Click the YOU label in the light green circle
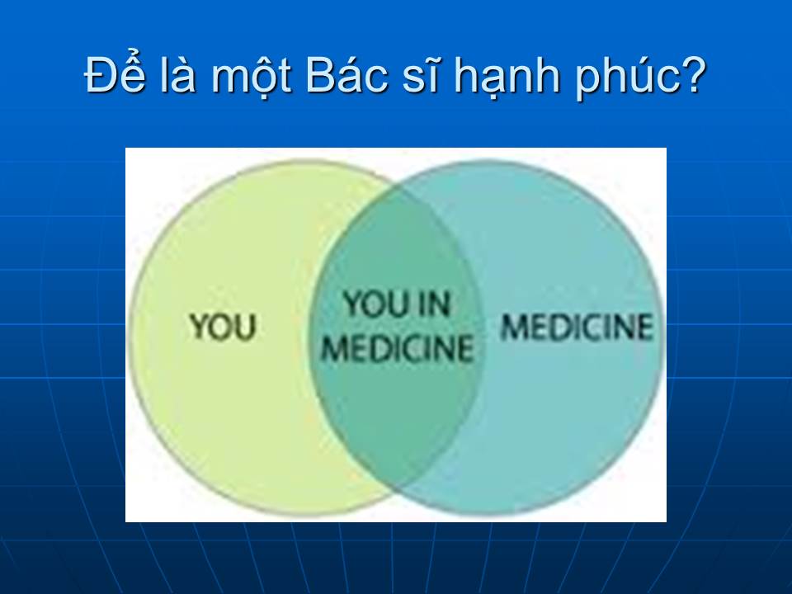pos(223,327)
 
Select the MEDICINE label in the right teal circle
pos(577,327)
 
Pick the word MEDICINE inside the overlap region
pos(398,348)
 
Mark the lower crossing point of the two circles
pos(397,488)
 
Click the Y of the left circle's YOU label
pos(200,328)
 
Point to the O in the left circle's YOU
pos(222,328)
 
